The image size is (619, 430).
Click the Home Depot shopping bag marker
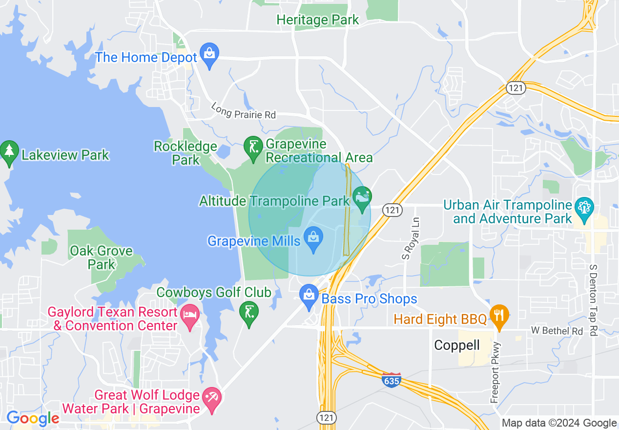(x=209, y=54)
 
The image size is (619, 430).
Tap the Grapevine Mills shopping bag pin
(x=312, y=239)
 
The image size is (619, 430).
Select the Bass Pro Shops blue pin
(x=309, y=296)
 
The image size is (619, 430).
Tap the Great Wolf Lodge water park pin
(x=211, y=398)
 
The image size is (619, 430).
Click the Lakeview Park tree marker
(x=9, y=152)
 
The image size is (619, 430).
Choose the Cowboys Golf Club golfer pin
(x=249, y=312)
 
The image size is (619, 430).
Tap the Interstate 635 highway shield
(x=392, y=380)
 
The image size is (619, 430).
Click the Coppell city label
(x=457, y=345)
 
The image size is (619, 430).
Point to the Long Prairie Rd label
(x=243, y=110)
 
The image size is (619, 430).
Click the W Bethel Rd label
(x=557, y=331)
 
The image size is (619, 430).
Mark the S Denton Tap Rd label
(x=594, y=300)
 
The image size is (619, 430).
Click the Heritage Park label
(x=317, y=20)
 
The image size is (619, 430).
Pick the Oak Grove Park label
(x=101, y=258)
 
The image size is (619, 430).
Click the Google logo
(x=32, y=418)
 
